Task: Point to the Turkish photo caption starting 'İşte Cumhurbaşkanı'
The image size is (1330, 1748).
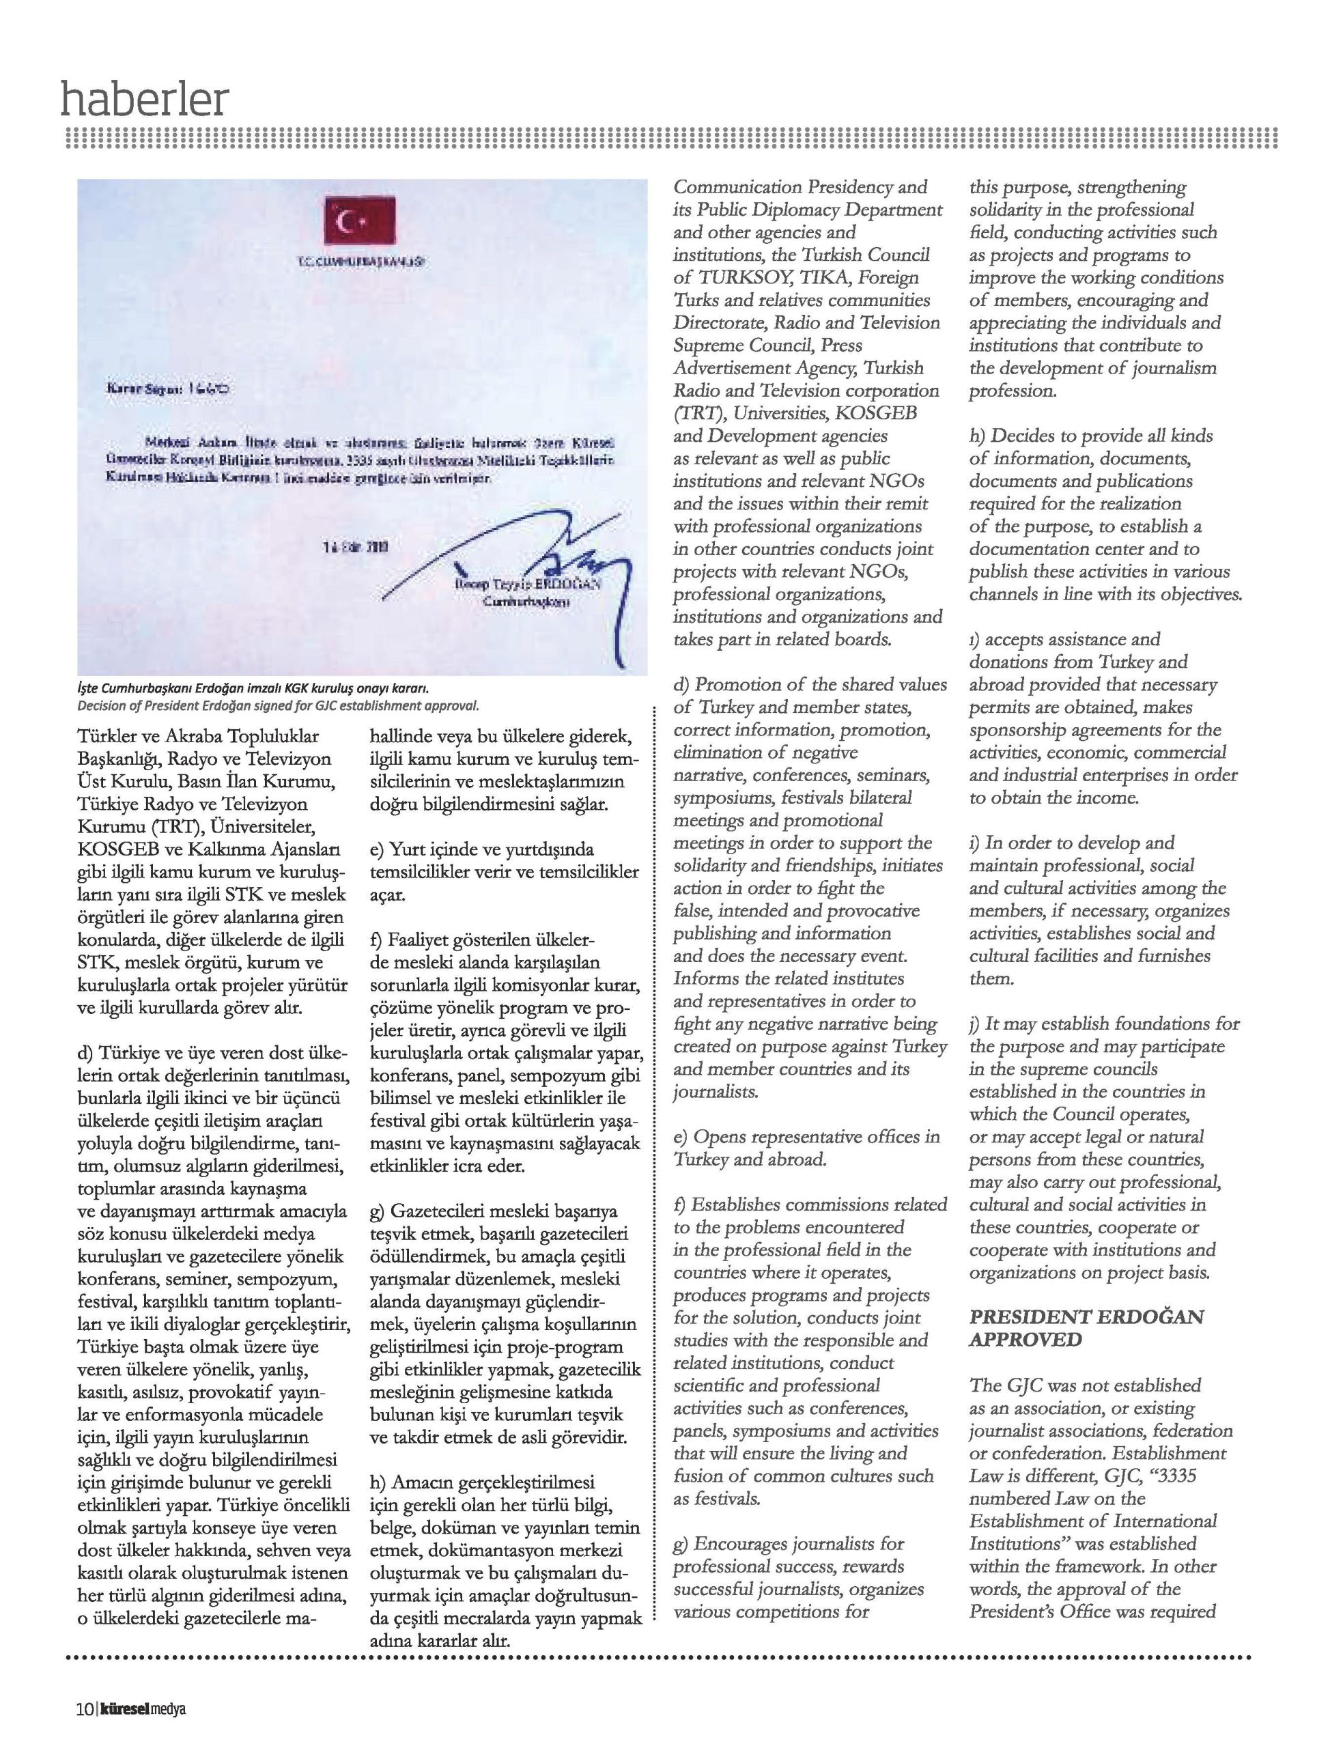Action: point(253,689)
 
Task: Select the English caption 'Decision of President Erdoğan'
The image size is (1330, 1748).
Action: point(278,705)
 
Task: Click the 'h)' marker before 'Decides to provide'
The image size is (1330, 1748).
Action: point(978,436)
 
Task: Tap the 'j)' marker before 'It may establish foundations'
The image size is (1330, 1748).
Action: point(976,1024)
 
